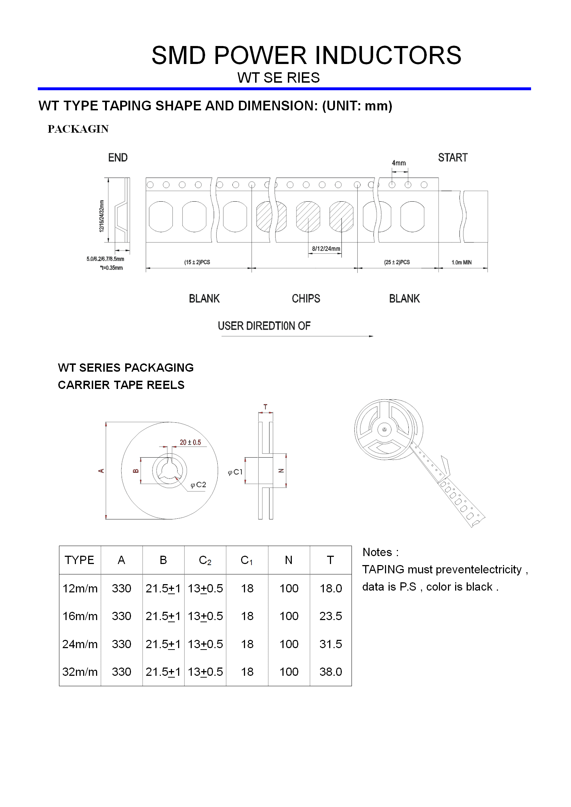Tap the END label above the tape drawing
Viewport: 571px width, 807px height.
[118, 157]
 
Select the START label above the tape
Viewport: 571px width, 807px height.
[453, 157]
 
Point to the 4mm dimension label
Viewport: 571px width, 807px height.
[399, 163]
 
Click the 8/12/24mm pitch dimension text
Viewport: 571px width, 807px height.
[326, 248]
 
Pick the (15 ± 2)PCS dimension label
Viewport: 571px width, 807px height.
[197, 262]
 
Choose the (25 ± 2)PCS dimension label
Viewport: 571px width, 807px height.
[397, 262]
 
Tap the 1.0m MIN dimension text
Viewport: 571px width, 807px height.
[462, 262]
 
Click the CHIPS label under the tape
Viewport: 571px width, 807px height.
[306, 298]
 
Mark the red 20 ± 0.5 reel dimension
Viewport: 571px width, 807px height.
[190, 442]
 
